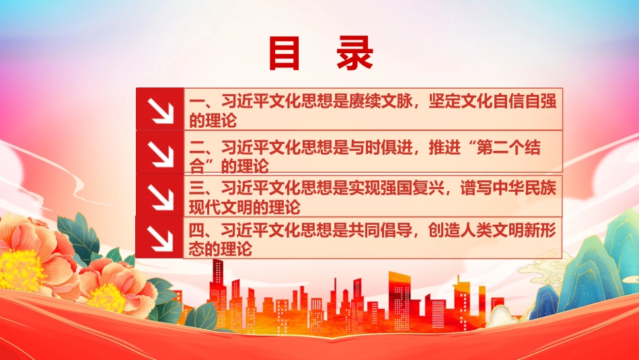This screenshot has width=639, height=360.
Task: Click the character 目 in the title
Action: pos(284,53)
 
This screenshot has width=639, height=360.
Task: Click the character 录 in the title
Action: pos(355,53)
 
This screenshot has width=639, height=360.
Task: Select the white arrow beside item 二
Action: pos(160,153)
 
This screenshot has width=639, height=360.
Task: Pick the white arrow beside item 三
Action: pos(160,196)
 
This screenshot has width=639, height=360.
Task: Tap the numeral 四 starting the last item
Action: pos(196,231)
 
